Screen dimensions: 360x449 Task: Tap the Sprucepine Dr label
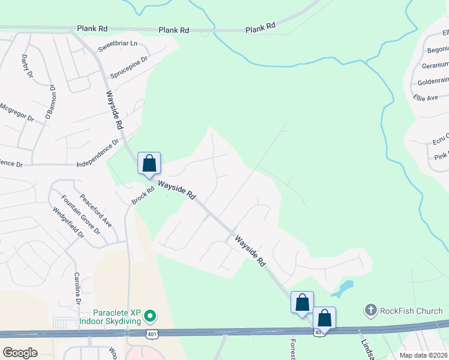(x=128, y=68)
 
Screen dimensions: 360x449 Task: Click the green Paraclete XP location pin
(x=151, y=316)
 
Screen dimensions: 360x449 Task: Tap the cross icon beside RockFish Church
(x=370, y=310)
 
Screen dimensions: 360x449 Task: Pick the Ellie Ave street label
(x=426, y=97)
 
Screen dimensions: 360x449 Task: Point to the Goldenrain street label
(x=433, y=80)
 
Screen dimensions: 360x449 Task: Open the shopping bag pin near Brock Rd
(x=149, y=163)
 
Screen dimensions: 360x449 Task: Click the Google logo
(x=20, y=352)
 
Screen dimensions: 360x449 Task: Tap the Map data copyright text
(x=423, y=355)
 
